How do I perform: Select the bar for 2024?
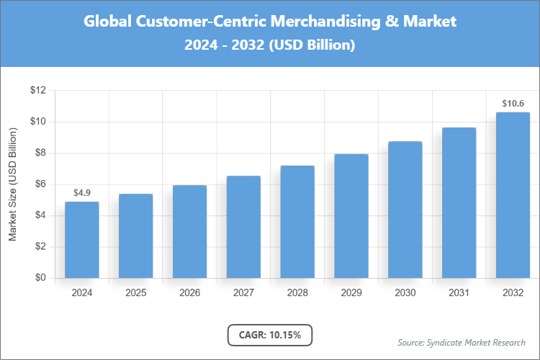pyautogui.click(x=81, y=240)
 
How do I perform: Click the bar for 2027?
pyautogui.click(x=243, y=227)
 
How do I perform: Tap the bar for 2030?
pyautogui.click(x=405, y=210)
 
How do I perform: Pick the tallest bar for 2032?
pyautogui.click(x=513, y=195)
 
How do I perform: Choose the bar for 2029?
pyautogui.click(x=351, y=216)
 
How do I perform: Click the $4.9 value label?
pyautogui.click(x=81, y=193)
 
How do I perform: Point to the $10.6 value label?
pyautogui.click(x=513, y=104)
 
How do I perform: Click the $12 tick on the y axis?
pyautogui.click(x=37, y=91)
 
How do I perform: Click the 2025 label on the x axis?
pyautogui.click(x=135, y=293)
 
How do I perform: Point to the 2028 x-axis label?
pyautogui.click(x=297, y=293)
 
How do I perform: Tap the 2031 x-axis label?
pyautogui.click(x=459, y=293)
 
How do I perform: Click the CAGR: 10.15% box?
pyautogui.click(x=270, y=335)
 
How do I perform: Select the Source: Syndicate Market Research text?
pyautogui.click(x=461, y=342)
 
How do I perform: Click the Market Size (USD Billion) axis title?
pyautogui.click(x=12, y=185)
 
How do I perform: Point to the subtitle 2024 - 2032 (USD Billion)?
pyautogui.click(x=270, y=45)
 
